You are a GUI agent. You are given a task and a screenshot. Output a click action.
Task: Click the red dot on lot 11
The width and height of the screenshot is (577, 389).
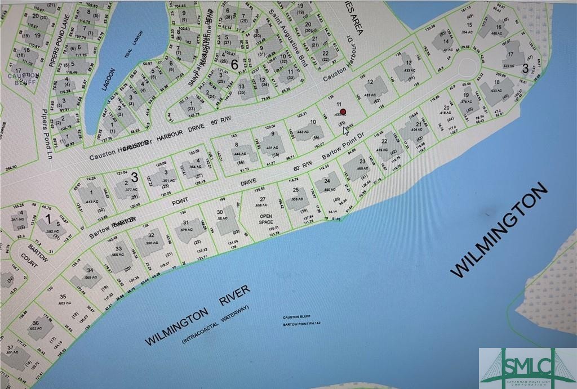coord(343,112)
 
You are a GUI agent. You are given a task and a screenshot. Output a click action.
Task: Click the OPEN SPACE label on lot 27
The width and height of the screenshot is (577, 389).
coord(265,218)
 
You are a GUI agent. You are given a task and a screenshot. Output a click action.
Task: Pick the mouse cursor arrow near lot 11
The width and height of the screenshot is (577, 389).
coord(345,131)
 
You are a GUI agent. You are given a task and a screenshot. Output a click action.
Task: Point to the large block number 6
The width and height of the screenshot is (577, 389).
coord(234,64)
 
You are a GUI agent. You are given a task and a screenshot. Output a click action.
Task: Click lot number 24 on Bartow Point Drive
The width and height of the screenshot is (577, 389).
coord(326,181)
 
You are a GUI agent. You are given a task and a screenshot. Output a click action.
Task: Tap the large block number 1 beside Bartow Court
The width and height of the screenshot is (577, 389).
coord(48,218)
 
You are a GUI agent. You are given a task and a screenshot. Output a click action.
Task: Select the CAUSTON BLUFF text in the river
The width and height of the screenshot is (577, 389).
coord(297,317)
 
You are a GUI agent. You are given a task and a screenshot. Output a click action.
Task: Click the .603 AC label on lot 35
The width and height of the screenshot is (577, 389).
coord(66,303)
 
